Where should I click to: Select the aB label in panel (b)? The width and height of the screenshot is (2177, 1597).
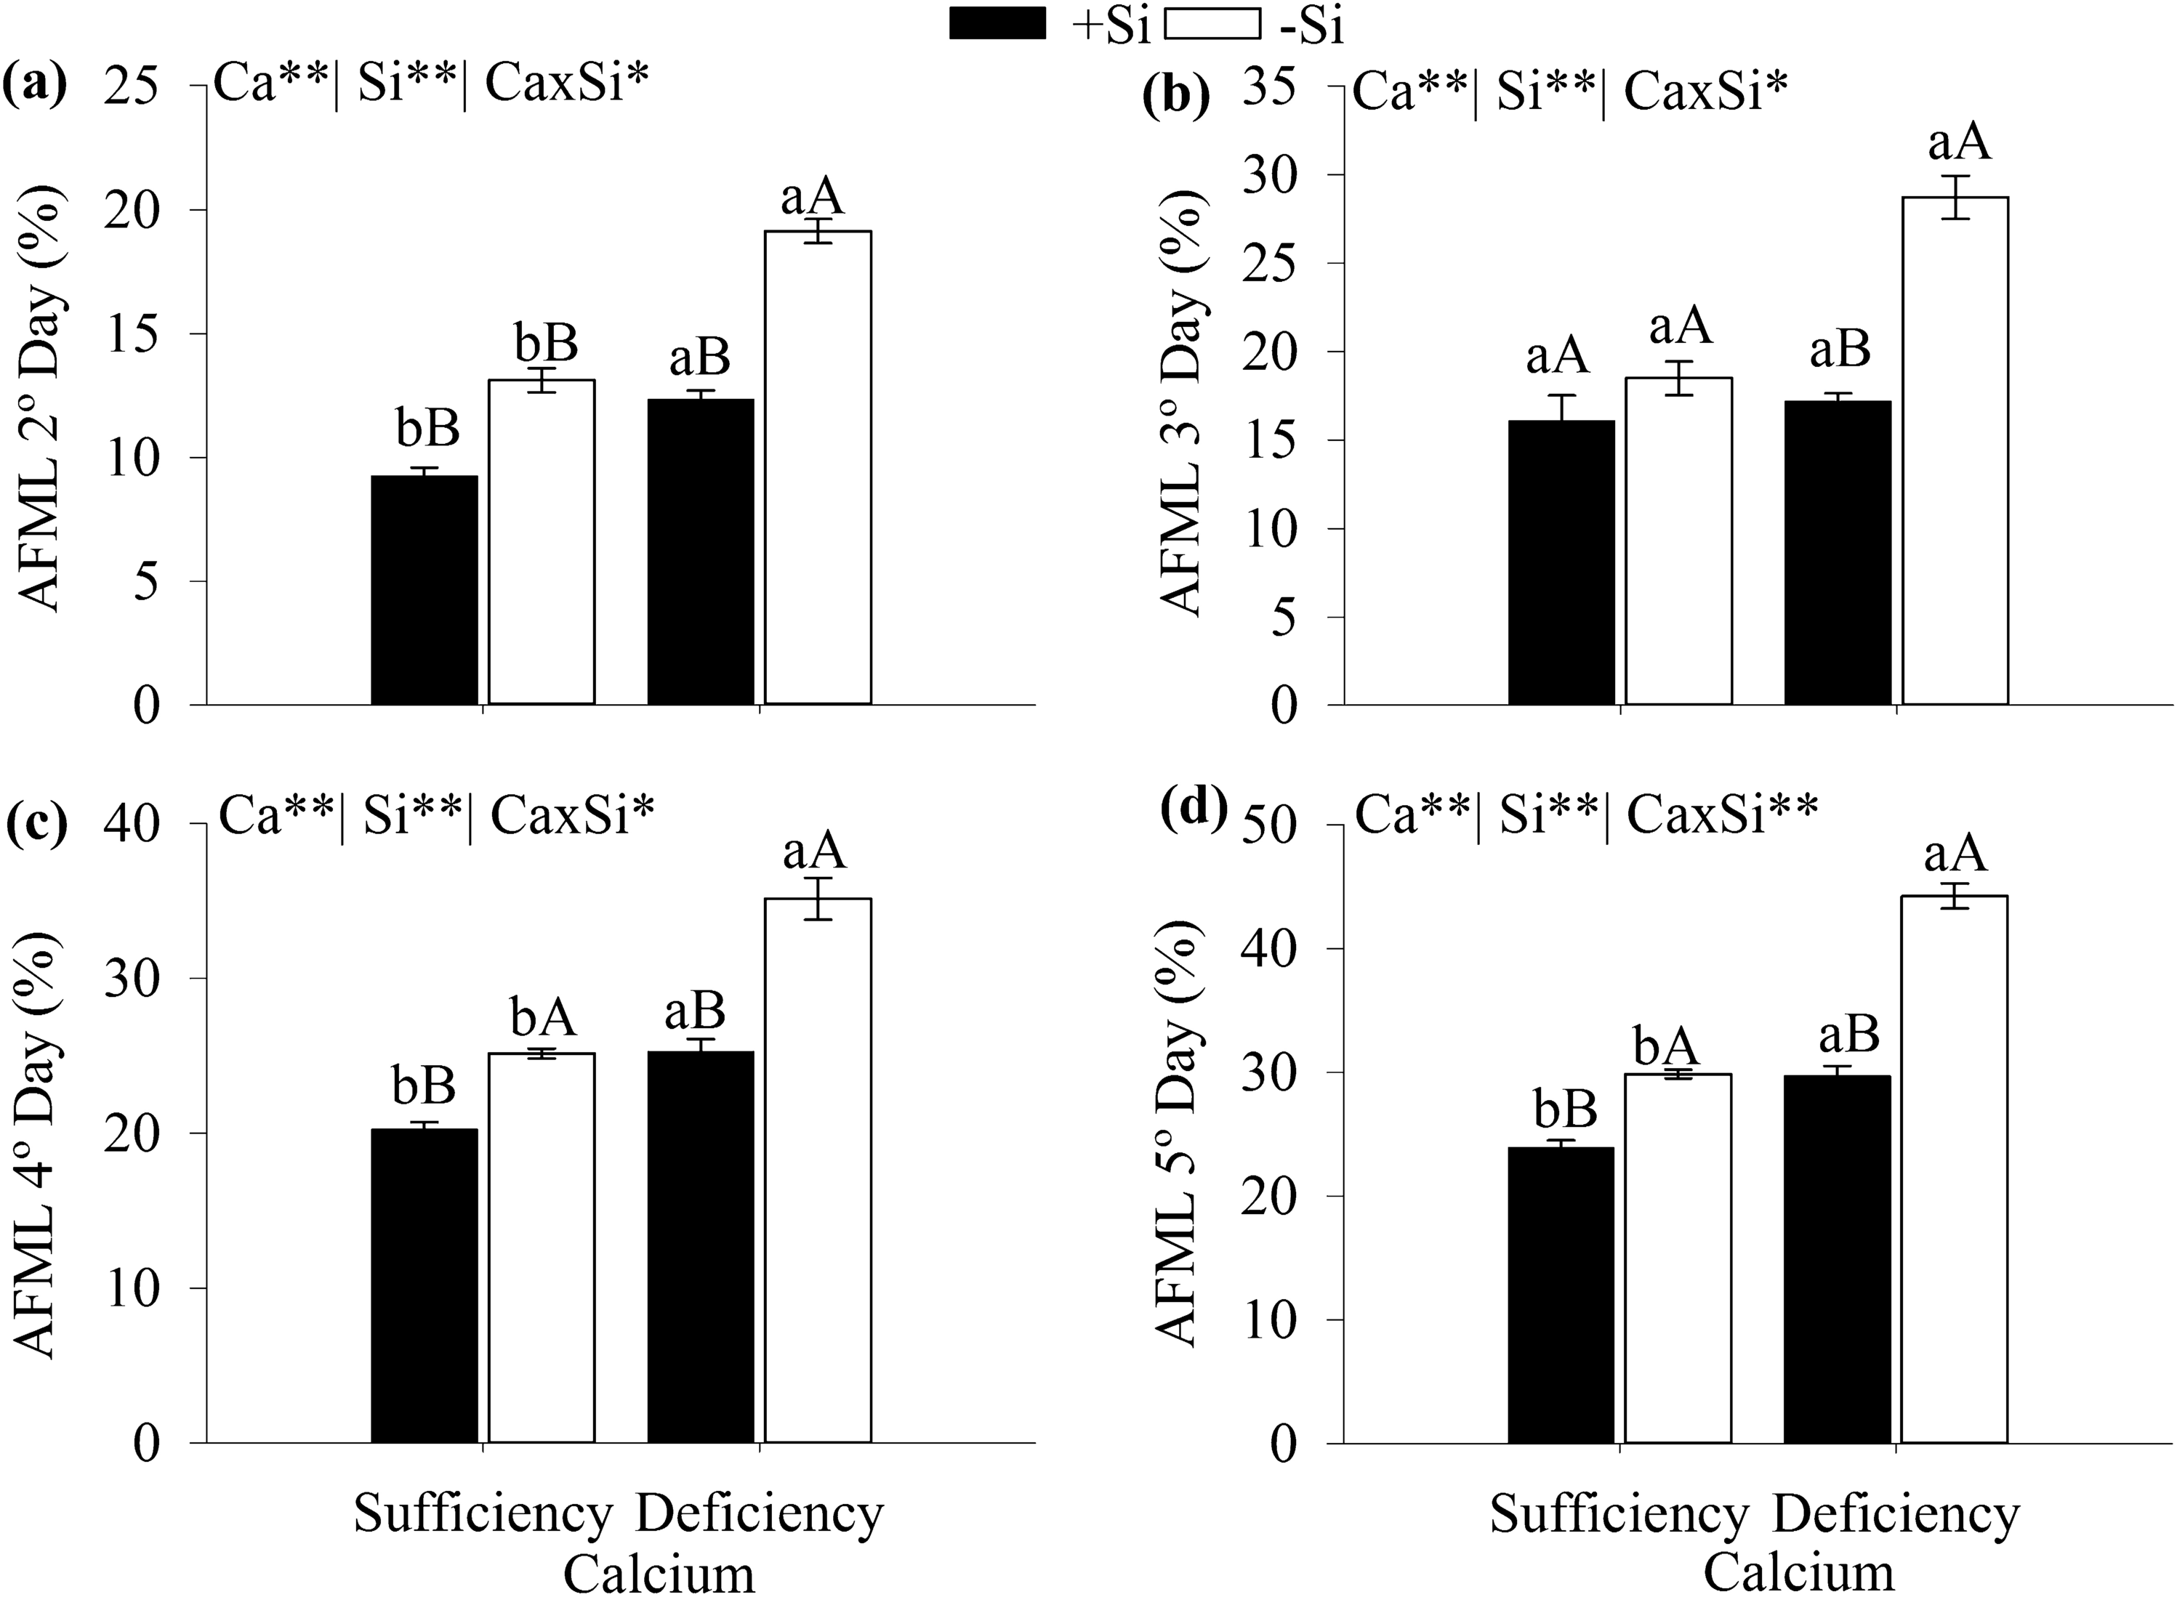pyautogui.click(x=1840, y=350)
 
